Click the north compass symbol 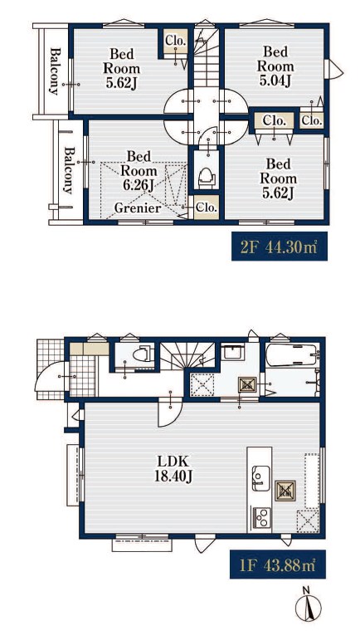point(308,604)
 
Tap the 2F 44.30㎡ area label point(280,247)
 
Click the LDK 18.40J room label point(173,468)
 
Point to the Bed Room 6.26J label point(139,171)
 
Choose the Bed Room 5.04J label point(275,66)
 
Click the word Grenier point(138,208)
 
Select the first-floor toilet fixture point(144,354)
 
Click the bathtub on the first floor point(291,354)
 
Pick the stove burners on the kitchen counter point(261,518)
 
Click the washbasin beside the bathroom point(232,352)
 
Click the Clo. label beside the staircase point(176,41)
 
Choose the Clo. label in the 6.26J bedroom point(207,207)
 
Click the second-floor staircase point(206,56)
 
